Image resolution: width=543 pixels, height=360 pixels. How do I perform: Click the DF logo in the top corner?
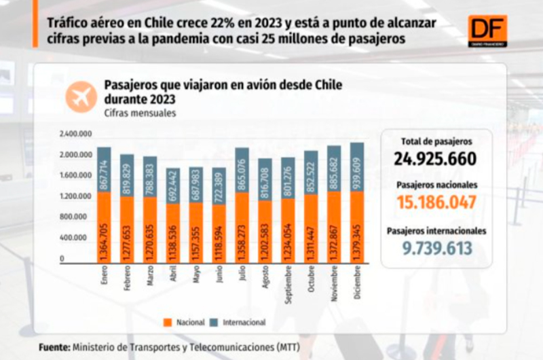pos(487,31)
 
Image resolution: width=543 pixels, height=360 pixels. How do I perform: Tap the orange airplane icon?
pos(81,96)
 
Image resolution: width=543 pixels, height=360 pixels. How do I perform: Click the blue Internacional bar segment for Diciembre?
pos(357,166)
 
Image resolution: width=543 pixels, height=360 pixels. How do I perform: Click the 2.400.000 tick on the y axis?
pos(75,134)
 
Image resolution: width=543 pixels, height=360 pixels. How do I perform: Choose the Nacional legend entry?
pos(187,322)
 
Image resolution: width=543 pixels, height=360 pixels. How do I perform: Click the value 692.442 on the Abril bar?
pos(173,185)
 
